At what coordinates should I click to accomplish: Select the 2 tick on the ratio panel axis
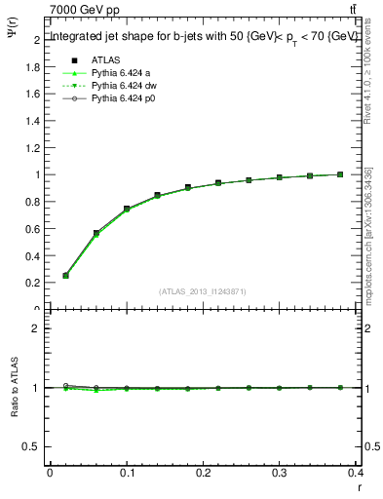pyautogui.click(x=33, y=328)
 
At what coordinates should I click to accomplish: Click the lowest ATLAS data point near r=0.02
pyautogui.click(x=65, y=275)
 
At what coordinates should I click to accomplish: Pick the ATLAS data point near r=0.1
pyautogui.click(x=127, y=209)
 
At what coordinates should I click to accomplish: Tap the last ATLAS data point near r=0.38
pyautogui.click(x=340, y=174)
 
